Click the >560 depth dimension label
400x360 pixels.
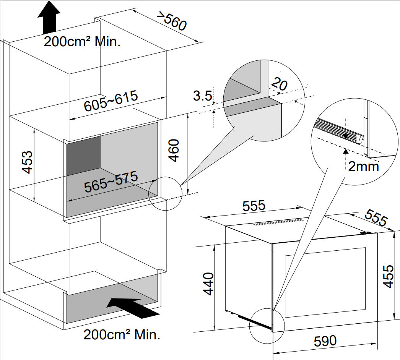[x=172, y=22]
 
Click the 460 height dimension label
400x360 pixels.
[x=174, y=151]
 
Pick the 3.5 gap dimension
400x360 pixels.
[x=202, y=96]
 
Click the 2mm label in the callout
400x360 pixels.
[x=363, y=166]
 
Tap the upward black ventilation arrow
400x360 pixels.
[x=49, y=17]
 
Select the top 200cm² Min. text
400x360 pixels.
[x=82, y=41]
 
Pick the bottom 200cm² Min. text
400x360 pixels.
[x=122, y=335]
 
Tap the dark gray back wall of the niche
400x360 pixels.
[x=84, y=152]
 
